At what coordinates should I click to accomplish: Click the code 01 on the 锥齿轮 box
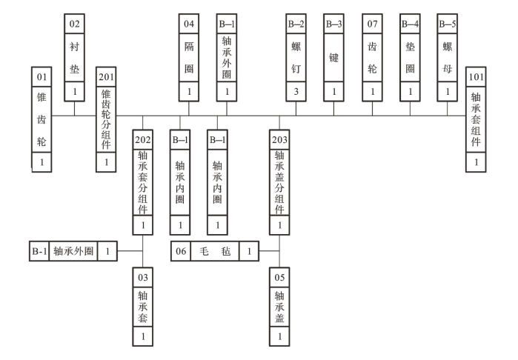41,76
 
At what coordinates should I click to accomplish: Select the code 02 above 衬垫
74,24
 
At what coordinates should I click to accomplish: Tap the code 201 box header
107,76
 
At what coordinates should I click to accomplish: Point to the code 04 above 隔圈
189,24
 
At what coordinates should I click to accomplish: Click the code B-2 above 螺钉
296,24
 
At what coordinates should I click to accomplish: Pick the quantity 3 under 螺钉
296,93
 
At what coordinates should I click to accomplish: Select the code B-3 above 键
333,24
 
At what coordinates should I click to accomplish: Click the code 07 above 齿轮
371,24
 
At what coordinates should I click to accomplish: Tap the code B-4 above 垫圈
409,24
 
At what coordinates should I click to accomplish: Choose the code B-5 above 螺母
447,24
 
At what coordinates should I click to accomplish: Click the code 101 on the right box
477,76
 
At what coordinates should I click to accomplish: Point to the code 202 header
143,139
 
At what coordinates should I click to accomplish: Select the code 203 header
279,139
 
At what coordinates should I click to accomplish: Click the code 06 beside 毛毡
181,252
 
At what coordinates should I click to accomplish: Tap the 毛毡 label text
216,252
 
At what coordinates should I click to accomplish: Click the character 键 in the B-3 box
333,57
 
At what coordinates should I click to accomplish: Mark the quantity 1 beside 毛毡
250,252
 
